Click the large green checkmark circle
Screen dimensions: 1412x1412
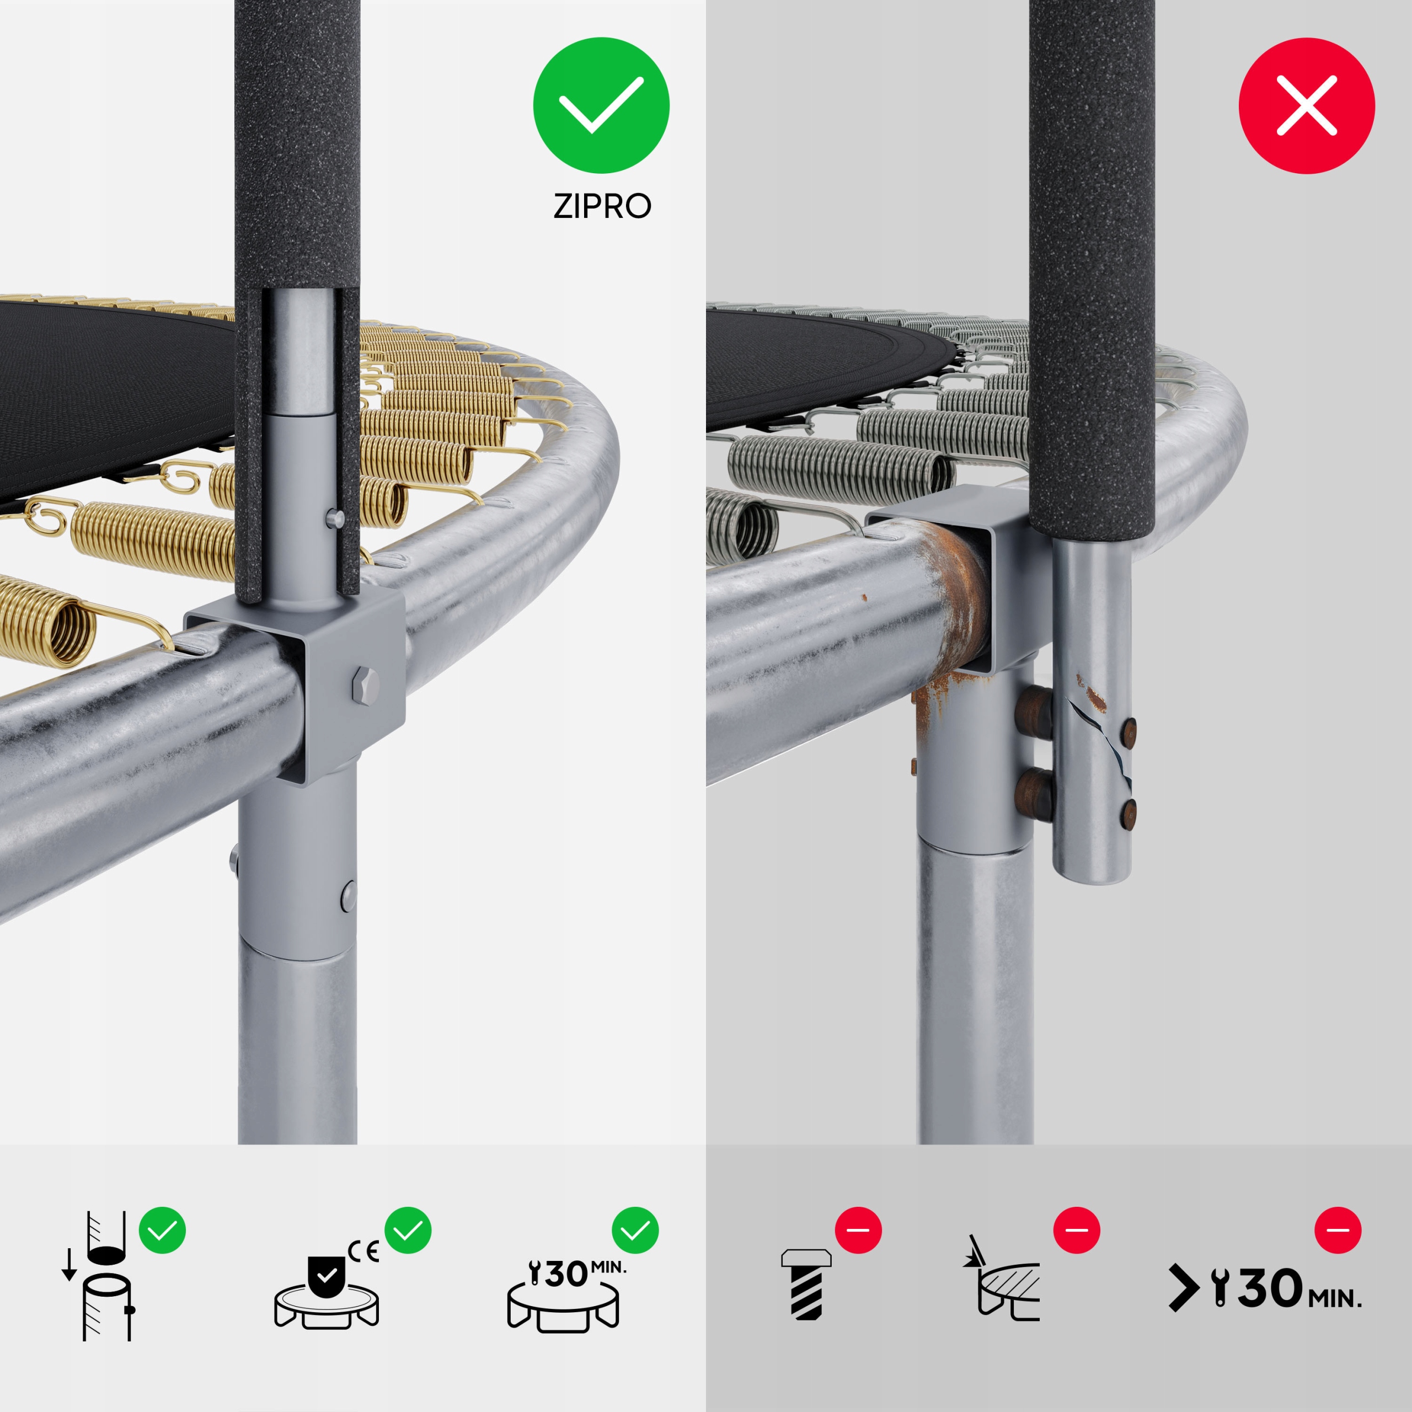(x=601, y=105)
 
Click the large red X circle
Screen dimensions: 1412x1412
(x=1307, y=105)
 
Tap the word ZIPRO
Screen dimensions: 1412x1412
(x=602, y=206)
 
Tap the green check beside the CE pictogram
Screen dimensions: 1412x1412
(x=408, y=1231)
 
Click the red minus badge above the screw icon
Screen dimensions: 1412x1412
(x=858, y=1230)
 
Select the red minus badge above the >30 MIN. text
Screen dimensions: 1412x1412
(x=1338, y=1230)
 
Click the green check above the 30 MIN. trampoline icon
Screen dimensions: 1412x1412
(x=635, y=1231)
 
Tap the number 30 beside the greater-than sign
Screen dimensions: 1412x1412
(x=1271, y=1288)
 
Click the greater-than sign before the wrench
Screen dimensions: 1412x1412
(x=1183, y=1288)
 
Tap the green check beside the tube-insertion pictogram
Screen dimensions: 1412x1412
(x=162, y=1231)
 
